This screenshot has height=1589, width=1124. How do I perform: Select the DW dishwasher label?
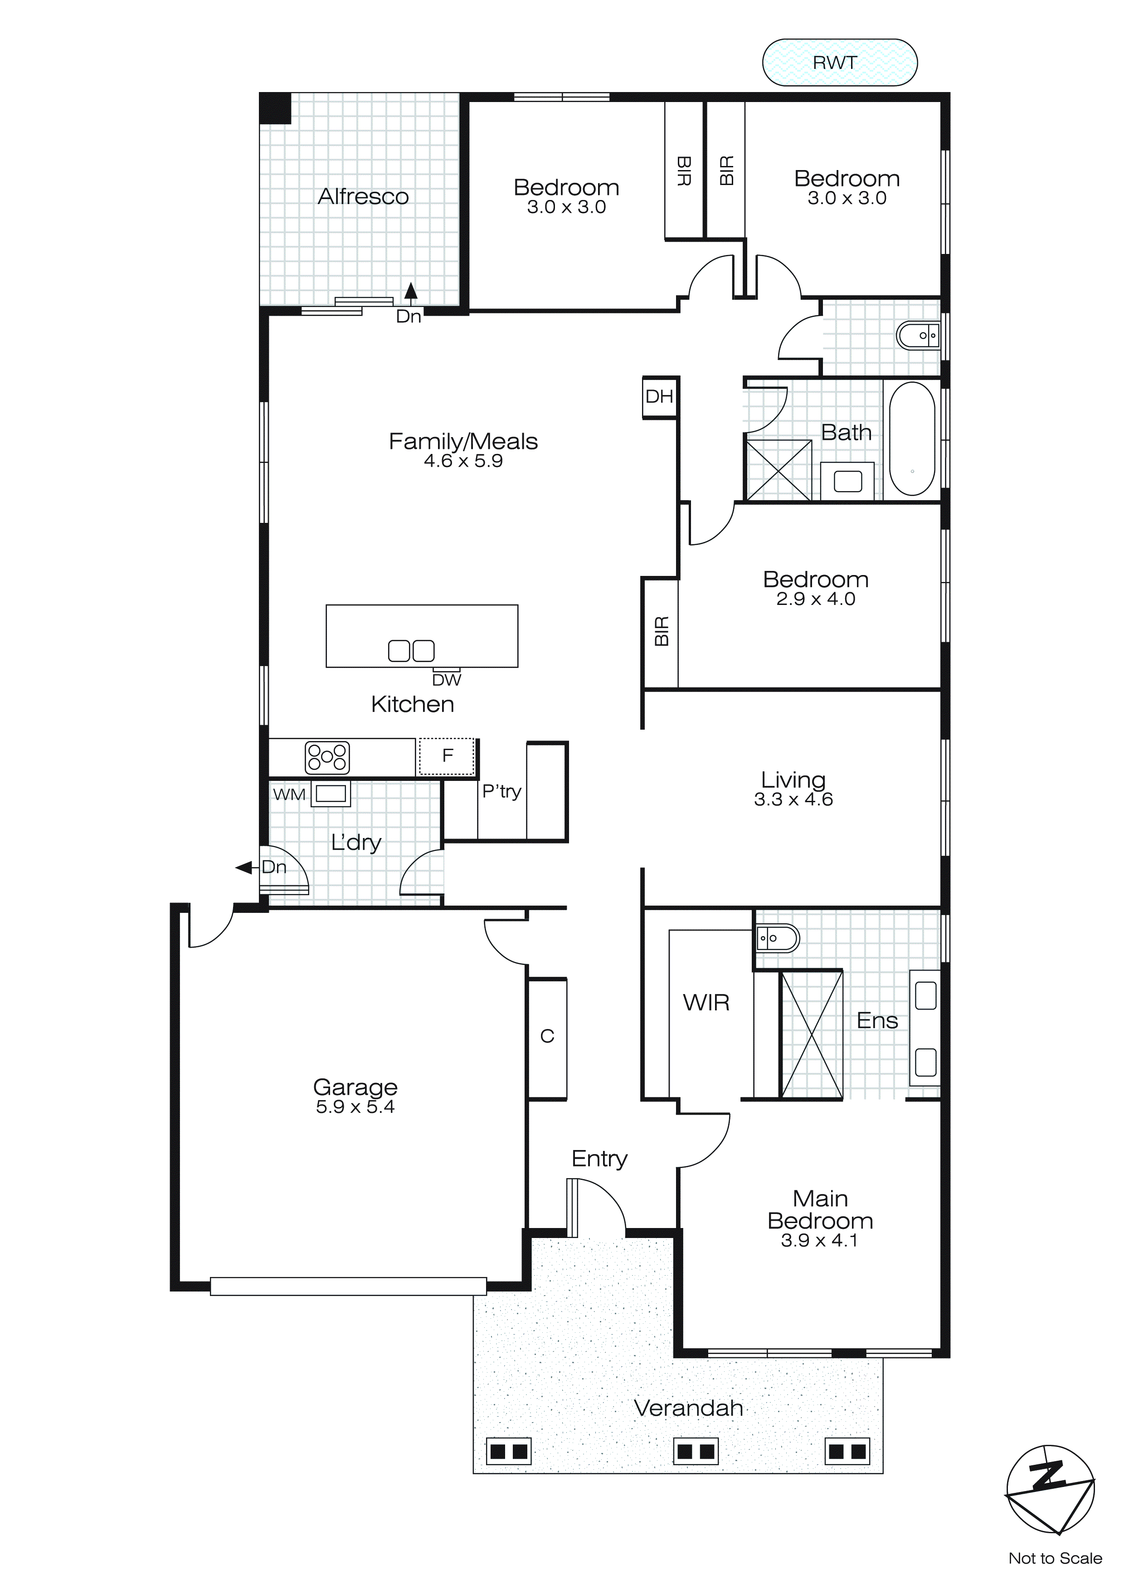click(x=447, y=680)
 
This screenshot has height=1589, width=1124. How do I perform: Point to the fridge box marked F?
click(x=447, y=756)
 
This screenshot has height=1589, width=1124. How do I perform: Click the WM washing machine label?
click(x=289, y=794)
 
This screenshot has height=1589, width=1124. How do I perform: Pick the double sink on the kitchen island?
click(x=411, y=651)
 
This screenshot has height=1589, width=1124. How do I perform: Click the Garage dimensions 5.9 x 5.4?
click(x=355, y=1106)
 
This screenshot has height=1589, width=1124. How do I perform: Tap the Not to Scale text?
click(x=1055, y=1559)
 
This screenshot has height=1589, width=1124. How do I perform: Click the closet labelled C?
click(x=547, y=1036)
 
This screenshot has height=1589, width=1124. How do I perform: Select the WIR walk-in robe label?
click(x=706, y=1002)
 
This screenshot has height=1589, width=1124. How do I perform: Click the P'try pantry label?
click(x=501, y=791)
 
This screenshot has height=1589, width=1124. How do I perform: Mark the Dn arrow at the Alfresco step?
click(x=410, y=293)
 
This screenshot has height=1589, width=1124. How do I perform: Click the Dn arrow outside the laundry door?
click(x=244, y=867)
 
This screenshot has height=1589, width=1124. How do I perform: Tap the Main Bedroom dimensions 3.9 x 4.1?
click(x=819, y=1240)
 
